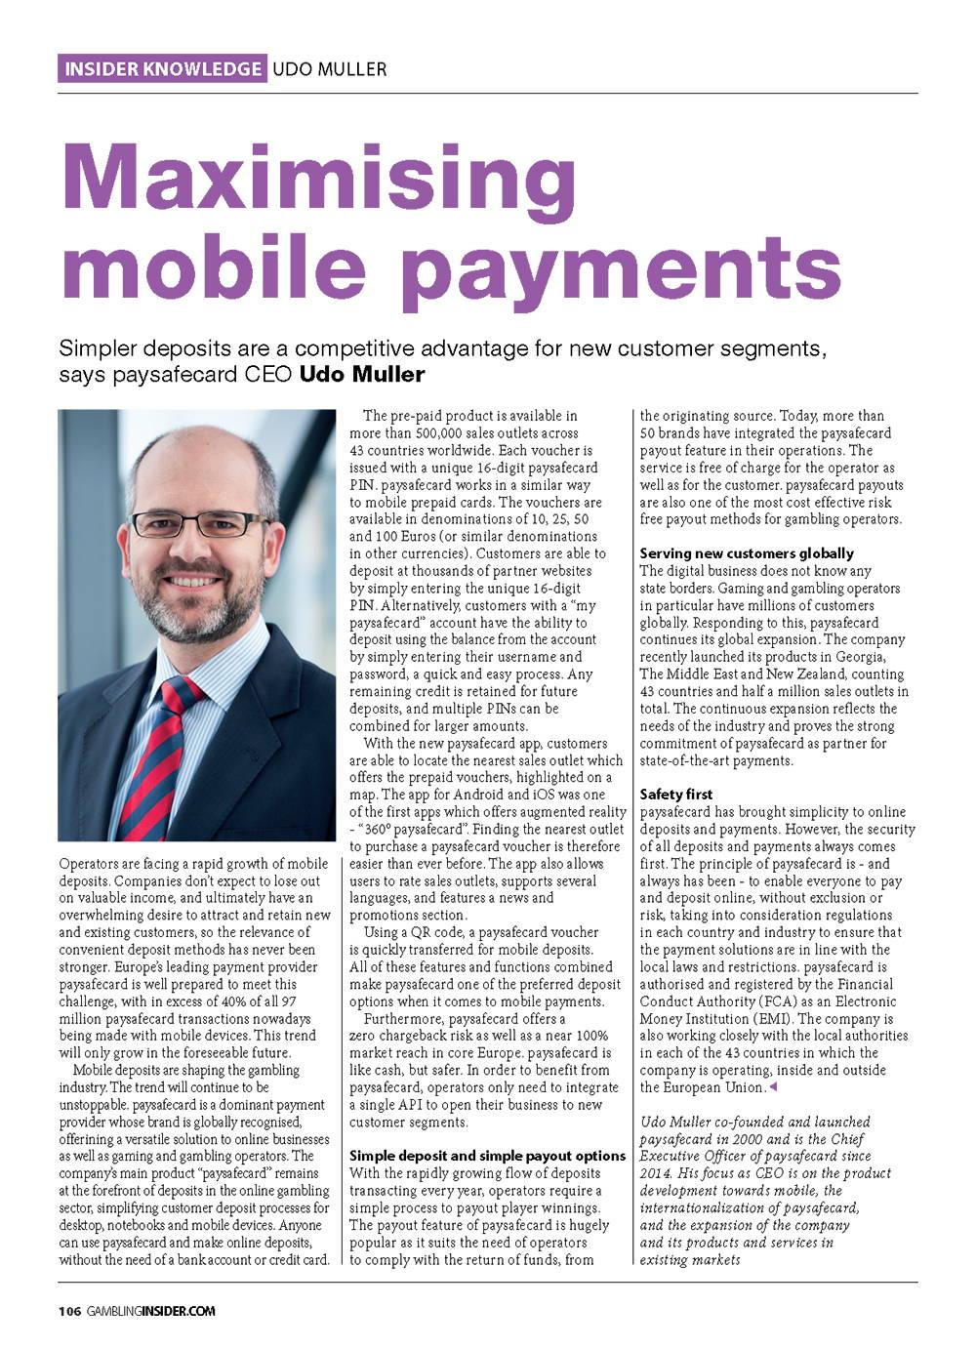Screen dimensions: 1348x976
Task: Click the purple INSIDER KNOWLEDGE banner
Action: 162,68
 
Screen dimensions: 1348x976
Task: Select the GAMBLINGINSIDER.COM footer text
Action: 150,1311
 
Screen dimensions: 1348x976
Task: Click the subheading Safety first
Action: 676,795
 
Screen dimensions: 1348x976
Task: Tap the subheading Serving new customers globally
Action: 747,553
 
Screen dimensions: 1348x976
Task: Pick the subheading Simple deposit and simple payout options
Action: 487,1156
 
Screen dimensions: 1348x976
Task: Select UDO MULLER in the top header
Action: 329,68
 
